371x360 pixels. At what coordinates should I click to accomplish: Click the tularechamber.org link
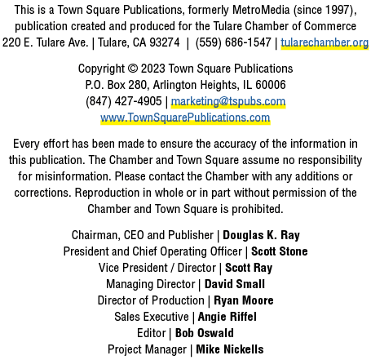pyautogui.click(x=325, y=42)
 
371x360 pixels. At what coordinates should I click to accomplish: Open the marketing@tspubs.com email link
pyautogui.click(x=228, y=101)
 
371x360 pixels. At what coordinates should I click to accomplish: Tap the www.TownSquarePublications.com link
pyautogui.click(x=185, y=118)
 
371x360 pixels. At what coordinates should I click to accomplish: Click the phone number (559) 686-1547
pyautogui.click(x=233, y=42)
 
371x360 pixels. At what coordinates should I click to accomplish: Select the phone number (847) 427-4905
pyautogui.click(x=124, y=101)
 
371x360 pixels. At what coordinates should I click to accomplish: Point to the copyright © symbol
pyautogui.click(x=133, y=69)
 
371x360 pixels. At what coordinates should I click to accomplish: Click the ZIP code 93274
pyautogui.click(x=165, y=42)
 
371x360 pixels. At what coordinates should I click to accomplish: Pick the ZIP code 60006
pyautogui.click(x=271, y=85)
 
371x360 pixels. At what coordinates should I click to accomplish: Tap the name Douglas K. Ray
pyautogui.click(x=261, y=235)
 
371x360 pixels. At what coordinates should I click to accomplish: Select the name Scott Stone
pyautogui.click(x=280, y=251)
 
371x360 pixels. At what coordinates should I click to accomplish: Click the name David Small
pyautogui.click(x=235, y=284)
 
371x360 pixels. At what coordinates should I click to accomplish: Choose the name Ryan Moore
pyautogui.click(x=244, y=300)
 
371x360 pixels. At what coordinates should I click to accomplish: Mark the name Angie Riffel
pyautogui.click(x=227, y=317)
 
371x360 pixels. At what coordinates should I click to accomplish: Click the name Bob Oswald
pyautogui.click(x=205, y=333)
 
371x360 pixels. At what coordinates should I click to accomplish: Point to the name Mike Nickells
pyautogui.click(x=230, y=349)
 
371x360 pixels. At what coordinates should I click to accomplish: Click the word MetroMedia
pyautogui.click(x=261, y=10)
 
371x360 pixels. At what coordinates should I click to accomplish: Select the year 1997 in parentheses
pyautogui.click(x=338, y=10)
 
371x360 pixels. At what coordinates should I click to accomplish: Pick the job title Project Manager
pyautogui.click(x=147, y=349)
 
